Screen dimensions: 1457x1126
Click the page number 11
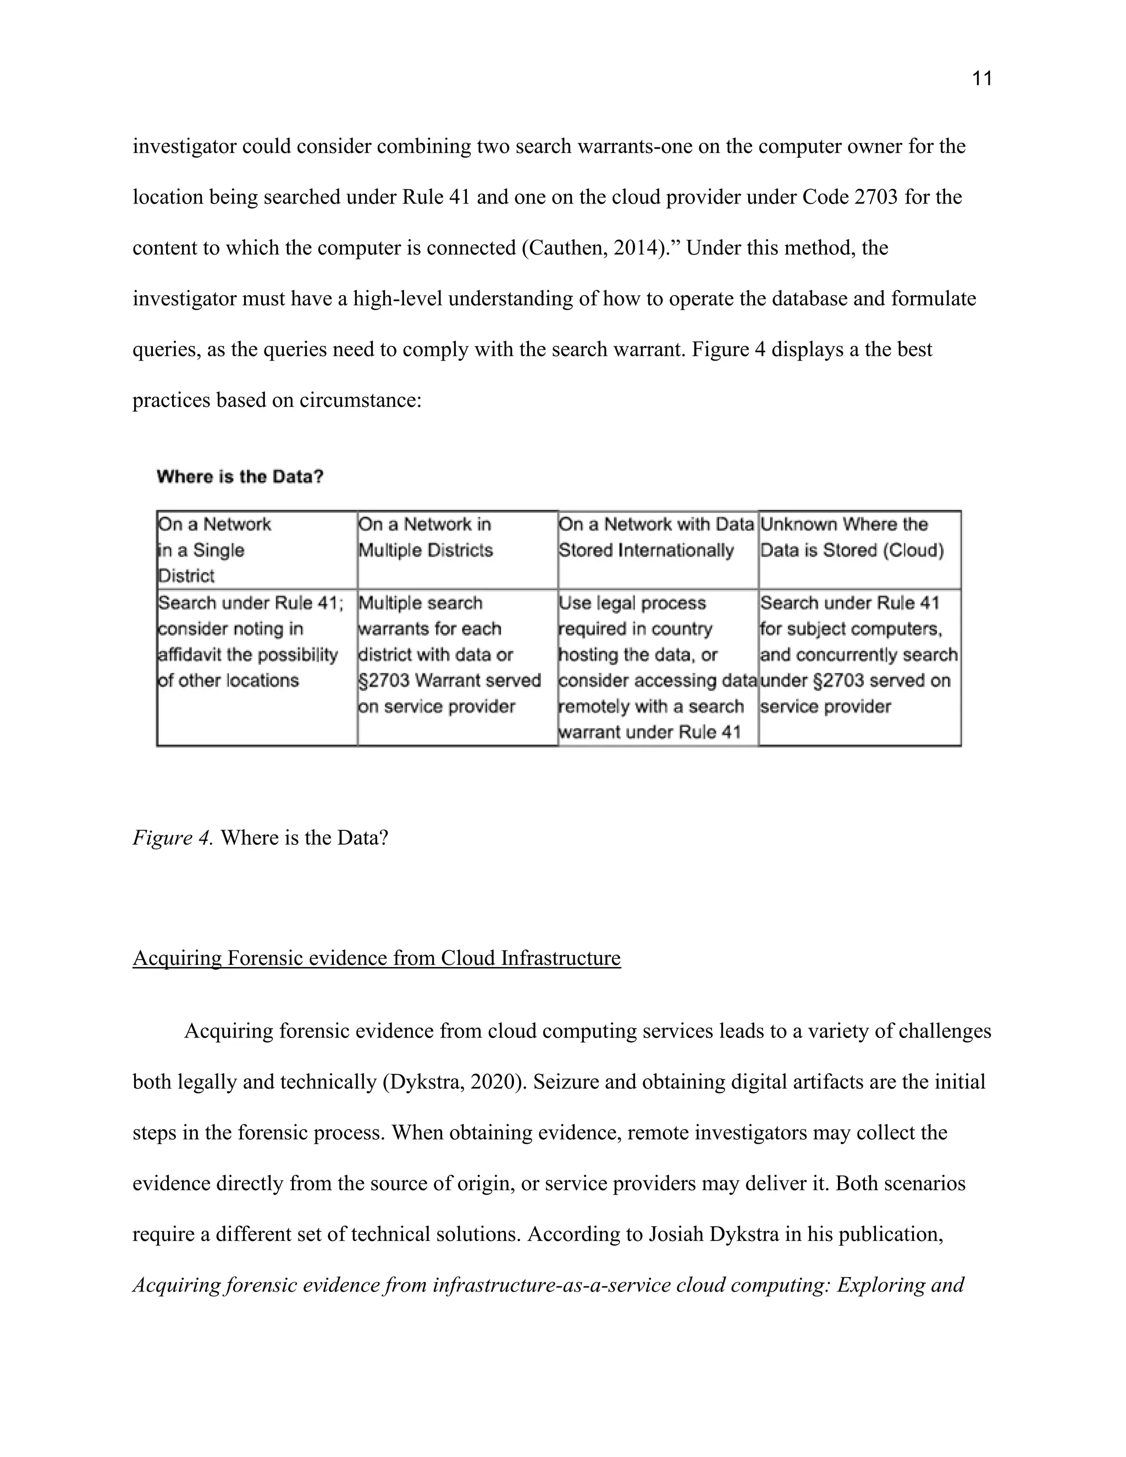click(x=982, y=79)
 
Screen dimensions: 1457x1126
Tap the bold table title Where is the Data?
click(x=240, y=477)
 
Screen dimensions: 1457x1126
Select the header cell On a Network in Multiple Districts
click(x=457, y=550)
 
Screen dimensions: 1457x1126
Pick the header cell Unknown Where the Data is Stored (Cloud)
click(x=859, y=550)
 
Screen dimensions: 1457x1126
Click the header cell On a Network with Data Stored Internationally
click(x=658, y=550)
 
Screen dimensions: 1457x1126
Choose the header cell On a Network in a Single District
click(x=257, y=550)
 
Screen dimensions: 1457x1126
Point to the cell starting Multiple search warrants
click(x=457, y=654)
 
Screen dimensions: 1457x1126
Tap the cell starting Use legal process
click(x=658, y=666)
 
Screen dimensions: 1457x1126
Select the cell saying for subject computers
click(x=859, y=654)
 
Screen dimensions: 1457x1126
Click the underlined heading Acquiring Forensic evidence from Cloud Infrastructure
click(x=376, y=958)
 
